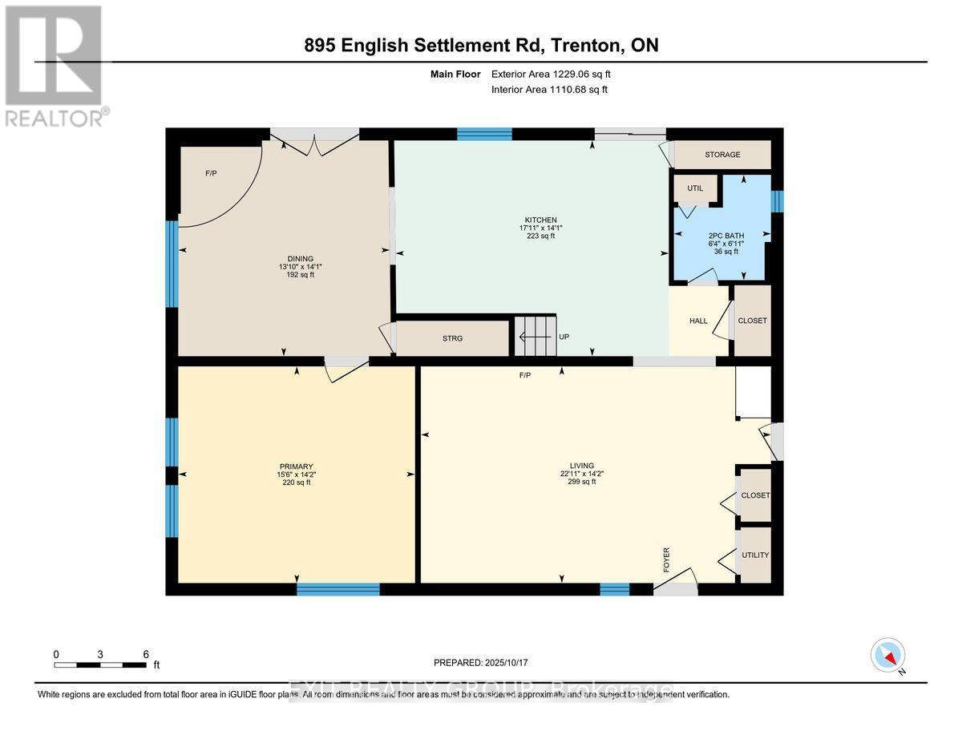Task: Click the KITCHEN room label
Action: click(540, 220)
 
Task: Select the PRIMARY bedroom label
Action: click(296, 466)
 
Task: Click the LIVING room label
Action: click(581, 466)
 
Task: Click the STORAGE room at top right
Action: click(722, 155)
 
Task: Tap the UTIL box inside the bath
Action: click(694, 188)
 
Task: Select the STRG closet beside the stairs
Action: click(453, 338)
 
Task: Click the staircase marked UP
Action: click(535, 337)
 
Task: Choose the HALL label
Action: click(698, 321)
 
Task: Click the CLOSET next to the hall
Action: click(752, 321)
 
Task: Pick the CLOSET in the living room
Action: click(755, 495)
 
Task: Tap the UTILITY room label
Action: click(755, 555)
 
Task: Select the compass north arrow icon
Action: click(887, 656)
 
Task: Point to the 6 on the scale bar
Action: click(145, 654)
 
